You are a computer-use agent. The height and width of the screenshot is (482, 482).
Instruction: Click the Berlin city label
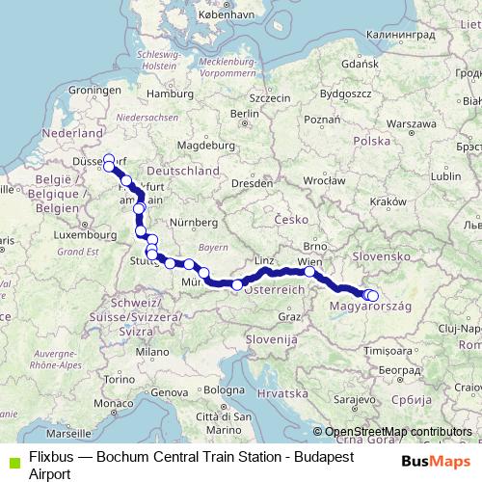pos(244,113)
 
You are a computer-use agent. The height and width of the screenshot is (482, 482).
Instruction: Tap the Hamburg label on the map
pos(176,94)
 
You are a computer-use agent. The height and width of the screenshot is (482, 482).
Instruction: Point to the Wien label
pos(310,261)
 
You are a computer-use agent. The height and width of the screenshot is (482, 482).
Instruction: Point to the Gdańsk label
pos(358,63)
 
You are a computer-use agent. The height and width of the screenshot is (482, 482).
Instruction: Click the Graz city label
pos(288,316)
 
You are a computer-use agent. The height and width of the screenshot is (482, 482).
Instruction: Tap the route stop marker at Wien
pos(309,272)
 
